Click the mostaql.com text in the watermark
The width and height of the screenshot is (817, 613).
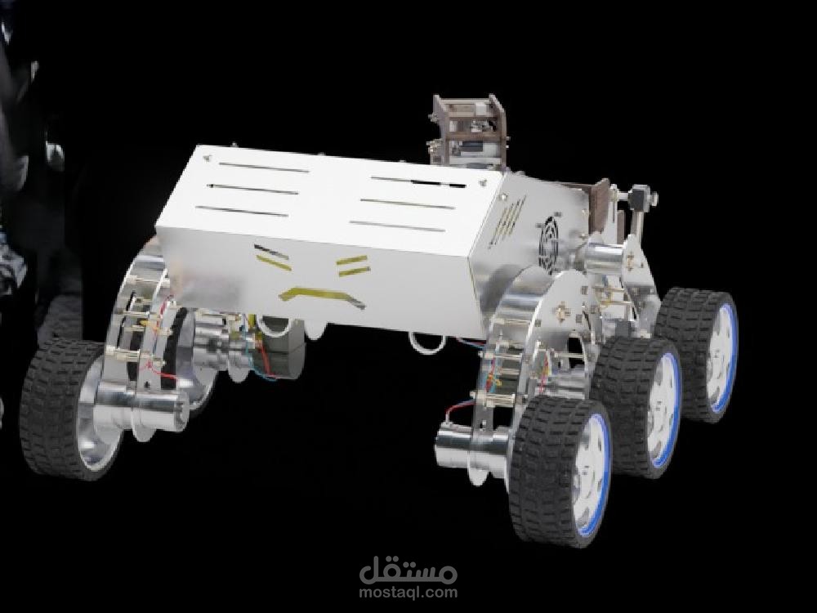(x=408, y=592)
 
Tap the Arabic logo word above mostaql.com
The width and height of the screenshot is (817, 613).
(x=408, y=570)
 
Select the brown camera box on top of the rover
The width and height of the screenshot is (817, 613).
(x=467, y=130)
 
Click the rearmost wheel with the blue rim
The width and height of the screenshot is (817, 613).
(x=697, y=355)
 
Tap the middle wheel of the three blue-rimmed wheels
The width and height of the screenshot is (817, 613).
(x=636, y=406)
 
